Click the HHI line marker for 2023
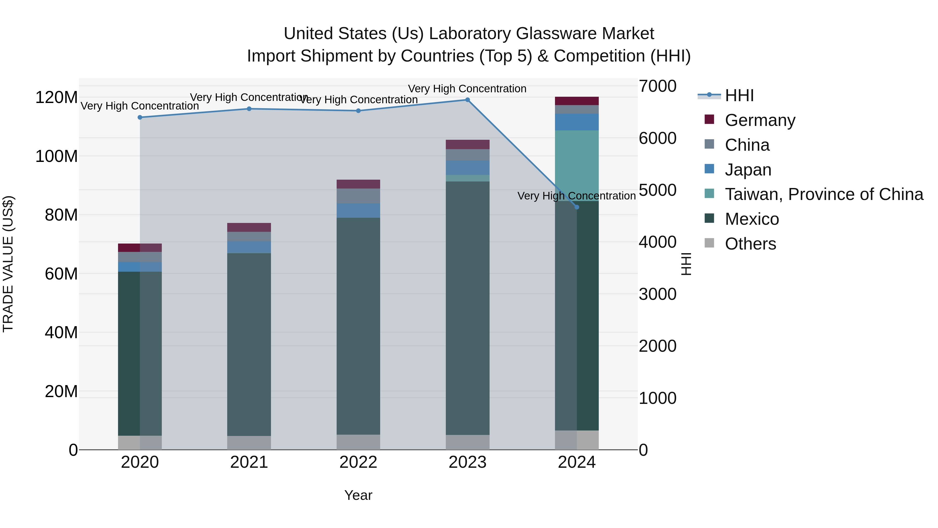467,100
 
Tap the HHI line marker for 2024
577,207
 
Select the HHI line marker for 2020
140,117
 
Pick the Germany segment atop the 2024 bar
577,101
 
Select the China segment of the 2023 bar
467,155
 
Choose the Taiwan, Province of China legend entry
824,194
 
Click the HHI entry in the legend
739,95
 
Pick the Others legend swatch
709,243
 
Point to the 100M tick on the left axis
57,156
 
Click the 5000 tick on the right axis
658,190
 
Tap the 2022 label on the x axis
358,462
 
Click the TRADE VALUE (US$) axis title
8,264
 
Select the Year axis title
358,495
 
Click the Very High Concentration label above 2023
467,89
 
